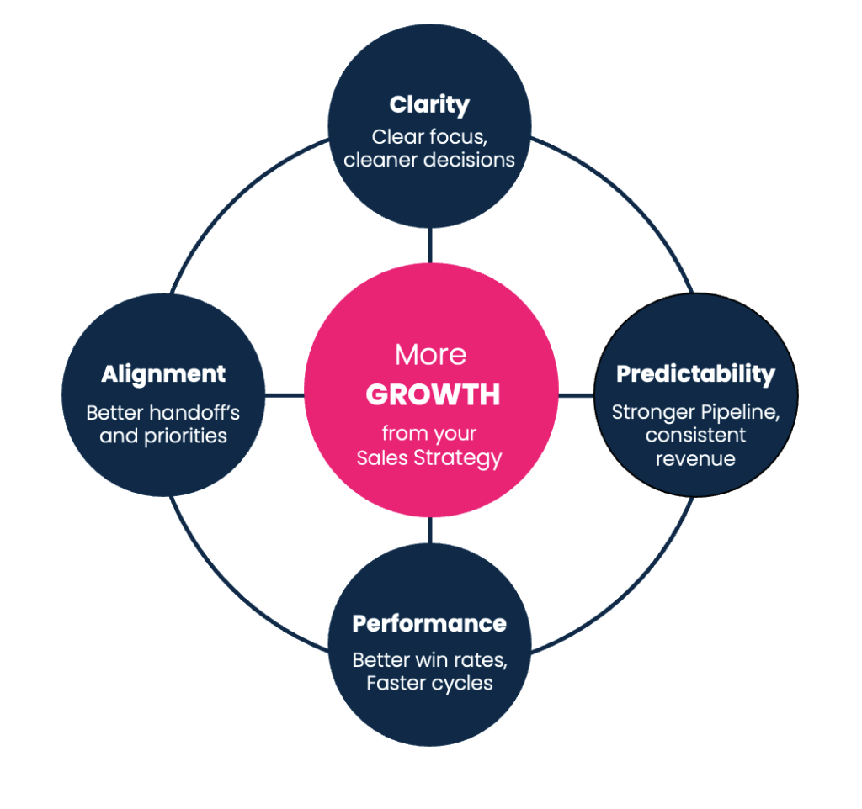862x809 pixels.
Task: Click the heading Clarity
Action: coord(429,105)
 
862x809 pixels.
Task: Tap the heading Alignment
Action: coord(163,374)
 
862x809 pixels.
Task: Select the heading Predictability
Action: coord(695,374)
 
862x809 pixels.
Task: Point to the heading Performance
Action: coord(429,623)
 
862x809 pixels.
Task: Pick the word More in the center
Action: coord(430,355)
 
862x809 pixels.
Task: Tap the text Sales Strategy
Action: coord(429,458)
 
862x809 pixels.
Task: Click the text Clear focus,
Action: coord(429,136)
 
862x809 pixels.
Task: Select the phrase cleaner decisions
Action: coord(429,159)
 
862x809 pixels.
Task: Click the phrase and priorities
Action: coord(163,436)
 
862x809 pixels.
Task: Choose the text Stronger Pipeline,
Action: coord(695,412)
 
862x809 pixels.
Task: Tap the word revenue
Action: coord(695,458)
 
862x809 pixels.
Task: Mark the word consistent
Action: coord(695,435)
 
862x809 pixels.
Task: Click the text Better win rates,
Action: coord(429,659)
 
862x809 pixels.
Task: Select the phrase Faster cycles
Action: coord(429,682)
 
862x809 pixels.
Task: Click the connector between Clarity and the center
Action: coord(430,246)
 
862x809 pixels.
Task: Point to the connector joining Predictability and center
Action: coord(576,394)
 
